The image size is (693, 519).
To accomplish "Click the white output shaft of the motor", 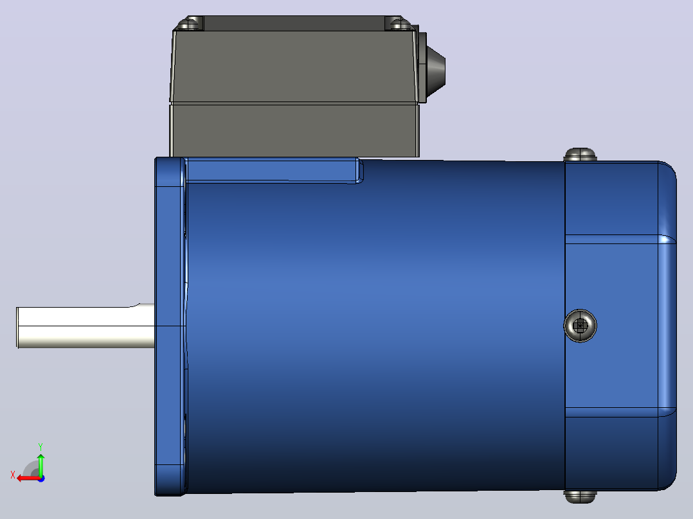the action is pyautogui.click(x=85, y=327).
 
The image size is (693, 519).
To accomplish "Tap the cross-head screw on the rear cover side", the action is pyautogui.click(x=580, y=326).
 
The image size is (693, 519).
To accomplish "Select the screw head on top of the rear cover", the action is pyautogui.click(x=580, y=155).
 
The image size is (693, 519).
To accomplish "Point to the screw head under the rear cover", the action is pyautogui.click(x=580, y=497).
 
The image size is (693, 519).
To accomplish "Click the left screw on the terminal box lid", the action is pyautogui.click(x=190, y=23).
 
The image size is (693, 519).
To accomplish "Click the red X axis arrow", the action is pyautogui.click(x=29, y=479).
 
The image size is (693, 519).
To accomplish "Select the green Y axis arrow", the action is pyautogui.click(x=40, y=465).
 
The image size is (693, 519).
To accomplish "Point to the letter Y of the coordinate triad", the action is pyautogui.click(x=40, y=446).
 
